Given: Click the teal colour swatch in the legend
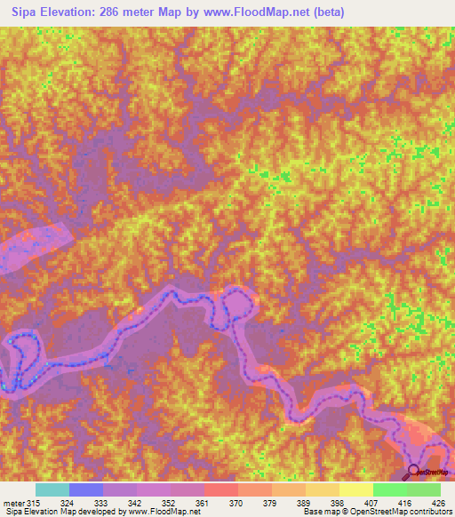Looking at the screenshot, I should [x=52, y=489].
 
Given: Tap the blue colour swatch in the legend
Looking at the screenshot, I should [x=85, y=489].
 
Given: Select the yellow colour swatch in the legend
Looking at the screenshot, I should [x=355, y=489].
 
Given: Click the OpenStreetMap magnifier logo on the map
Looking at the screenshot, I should [x=414, y=471].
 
